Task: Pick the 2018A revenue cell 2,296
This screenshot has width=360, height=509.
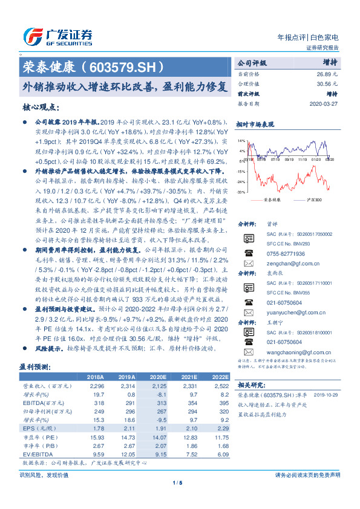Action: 99,385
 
